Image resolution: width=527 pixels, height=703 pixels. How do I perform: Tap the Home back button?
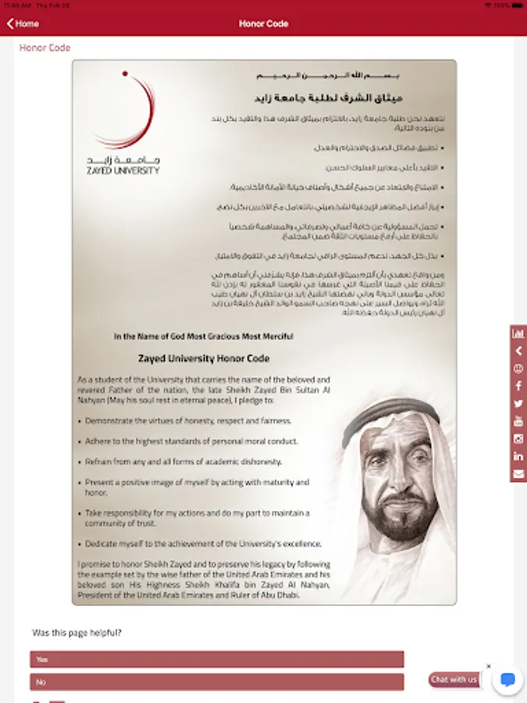click(23, 23)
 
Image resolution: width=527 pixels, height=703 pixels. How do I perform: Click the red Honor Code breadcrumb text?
click(45, 48)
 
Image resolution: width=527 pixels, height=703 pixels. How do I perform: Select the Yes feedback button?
click(217, 659)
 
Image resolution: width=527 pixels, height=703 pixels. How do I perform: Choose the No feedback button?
click(217, 682)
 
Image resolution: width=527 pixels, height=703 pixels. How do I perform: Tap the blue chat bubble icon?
click(507, 680)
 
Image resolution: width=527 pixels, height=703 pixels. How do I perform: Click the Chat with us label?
click(454, 680)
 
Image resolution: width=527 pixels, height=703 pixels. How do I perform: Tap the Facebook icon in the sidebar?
click(518, 386)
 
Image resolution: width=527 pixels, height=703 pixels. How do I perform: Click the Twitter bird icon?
click(518, 404)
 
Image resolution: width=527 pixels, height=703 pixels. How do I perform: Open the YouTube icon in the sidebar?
click(518, 421)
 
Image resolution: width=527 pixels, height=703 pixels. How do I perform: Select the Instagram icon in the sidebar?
click(518, 439)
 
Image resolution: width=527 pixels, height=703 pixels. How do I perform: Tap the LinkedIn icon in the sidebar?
click(518, 456)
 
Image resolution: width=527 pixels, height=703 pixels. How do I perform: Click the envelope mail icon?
click(518, 474)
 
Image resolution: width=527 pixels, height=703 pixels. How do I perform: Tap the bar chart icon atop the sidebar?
click(518, 334)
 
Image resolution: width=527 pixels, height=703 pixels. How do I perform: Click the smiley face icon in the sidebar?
click(518, 369)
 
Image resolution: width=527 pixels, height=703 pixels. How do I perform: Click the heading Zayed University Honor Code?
click(203, 359)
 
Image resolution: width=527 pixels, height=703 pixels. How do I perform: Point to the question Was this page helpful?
click(77, 633)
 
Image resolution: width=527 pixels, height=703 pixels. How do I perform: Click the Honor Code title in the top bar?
click(263, 23)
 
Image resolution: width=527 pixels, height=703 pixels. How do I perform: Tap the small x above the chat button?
click(489, 666)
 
